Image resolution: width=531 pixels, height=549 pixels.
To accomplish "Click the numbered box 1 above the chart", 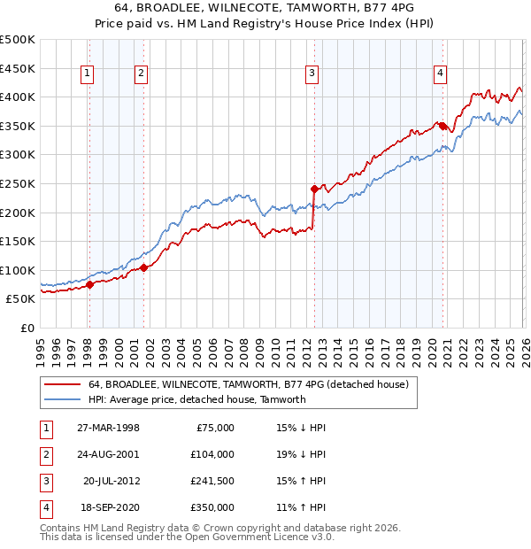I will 88,73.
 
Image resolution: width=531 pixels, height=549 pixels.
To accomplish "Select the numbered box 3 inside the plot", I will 312,73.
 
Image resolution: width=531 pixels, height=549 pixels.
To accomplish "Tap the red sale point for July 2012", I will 313,189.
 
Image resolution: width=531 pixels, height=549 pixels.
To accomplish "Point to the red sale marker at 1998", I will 89,284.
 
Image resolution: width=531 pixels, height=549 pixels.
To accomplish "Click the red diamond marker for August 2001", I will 143,267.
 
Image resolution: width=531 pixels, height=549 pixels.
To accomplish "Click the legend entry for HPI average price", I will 196,399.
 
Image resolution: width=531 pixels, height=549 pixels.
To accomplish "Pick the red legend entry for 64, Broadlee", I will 248,384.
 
